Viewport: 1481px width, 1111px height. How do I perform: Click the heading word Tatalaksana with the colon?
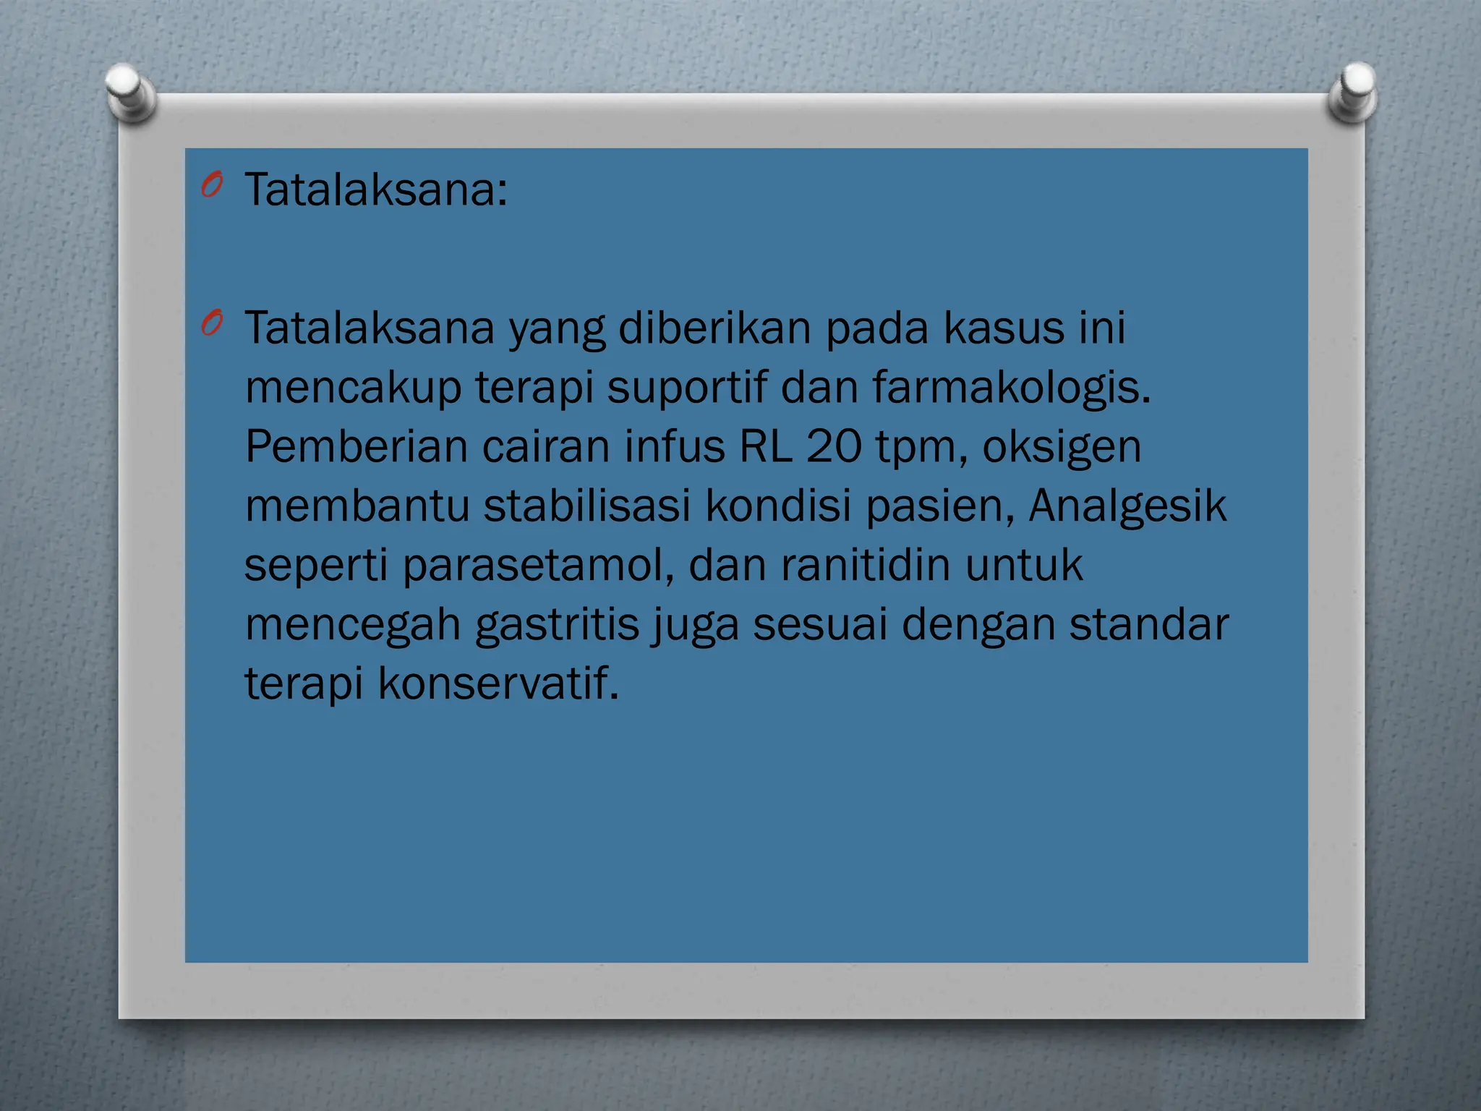point(376,190)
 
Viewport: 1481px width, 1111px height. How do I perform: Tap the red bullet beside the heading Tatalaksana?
point(212,186)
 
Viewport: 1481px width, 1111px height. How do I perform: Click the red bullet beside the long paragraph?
point(212,323)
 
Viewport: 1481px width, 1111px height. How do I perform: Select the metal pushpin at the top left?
point(130,91)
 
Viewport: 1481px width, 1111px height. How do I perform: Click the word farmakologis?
point(1011,388)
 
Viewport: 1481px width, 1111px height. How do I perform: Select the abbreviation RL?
point(765,446)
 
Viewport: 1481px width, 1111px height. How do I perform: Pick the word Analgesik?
point(1127,506)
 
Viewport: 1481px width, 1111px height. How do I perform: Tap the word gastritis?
point(558,625)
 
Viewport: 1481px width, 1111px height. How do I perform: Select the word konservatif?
point(498,683)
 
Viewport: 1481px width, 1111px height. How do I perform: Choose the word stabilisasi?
point(587,505)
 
